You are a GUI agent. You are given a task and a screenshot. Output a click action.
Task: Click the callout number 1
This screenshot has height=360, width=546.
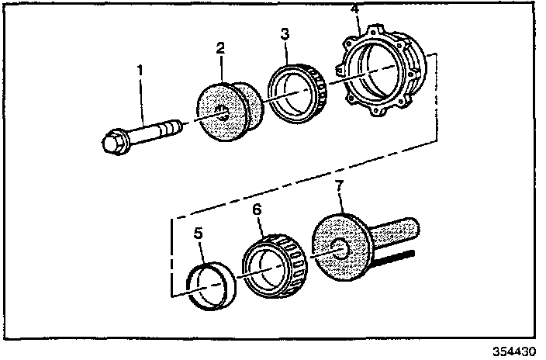(140, 71)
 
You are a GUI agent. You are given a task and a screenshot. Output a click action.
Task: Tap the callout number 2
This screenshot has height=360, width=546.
(220, 48)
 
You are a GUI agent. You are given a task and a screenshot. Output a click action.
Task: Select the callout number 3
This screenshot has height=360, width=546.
(285, 34)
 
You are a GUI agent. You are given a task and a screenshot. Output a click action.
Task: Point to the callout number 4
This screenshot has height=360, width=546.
(354, 9)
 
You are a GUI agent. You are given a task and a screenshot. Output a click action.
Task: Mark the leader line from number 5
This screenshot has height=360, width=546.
(202, 251)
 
